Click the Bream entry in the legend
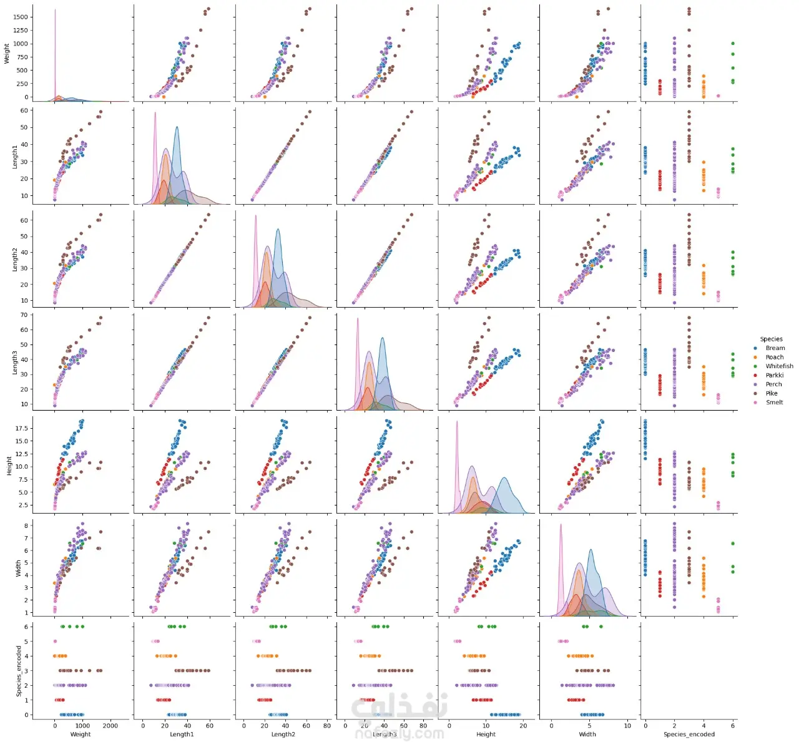775,348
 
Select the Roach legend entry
774,357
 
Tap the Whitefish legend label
779,366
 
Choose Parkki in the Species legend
774,375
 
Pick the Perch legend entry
773,384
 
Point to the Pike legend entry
772,393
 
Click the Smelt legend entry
774,403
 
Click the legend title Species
771,339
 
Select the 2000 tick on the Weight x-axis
110,726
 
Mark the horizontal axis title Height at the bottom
486,735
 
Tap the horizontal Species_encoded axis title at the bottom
689,735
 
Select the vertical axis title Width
18,567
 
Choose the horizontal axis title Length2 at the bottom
283,735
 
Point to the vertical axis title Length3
16,362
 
